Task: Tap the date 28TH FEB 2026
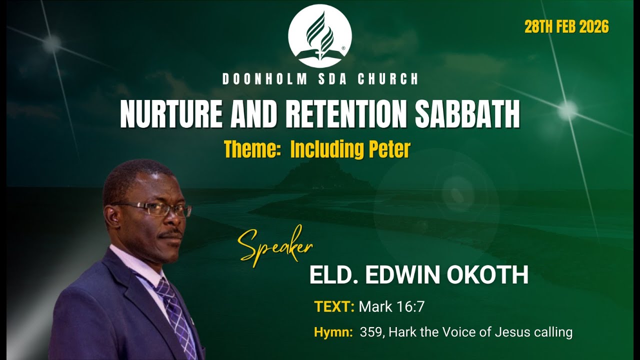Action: [x=566, y=27]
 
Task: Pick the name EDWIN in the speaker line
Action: [x=400, y=275]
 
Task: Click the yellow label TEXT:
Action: [x=334, y=306]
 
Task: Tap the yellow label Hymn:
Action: [x=333, y=332]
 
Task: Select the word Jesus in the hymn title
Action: [x=511, y=332]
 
